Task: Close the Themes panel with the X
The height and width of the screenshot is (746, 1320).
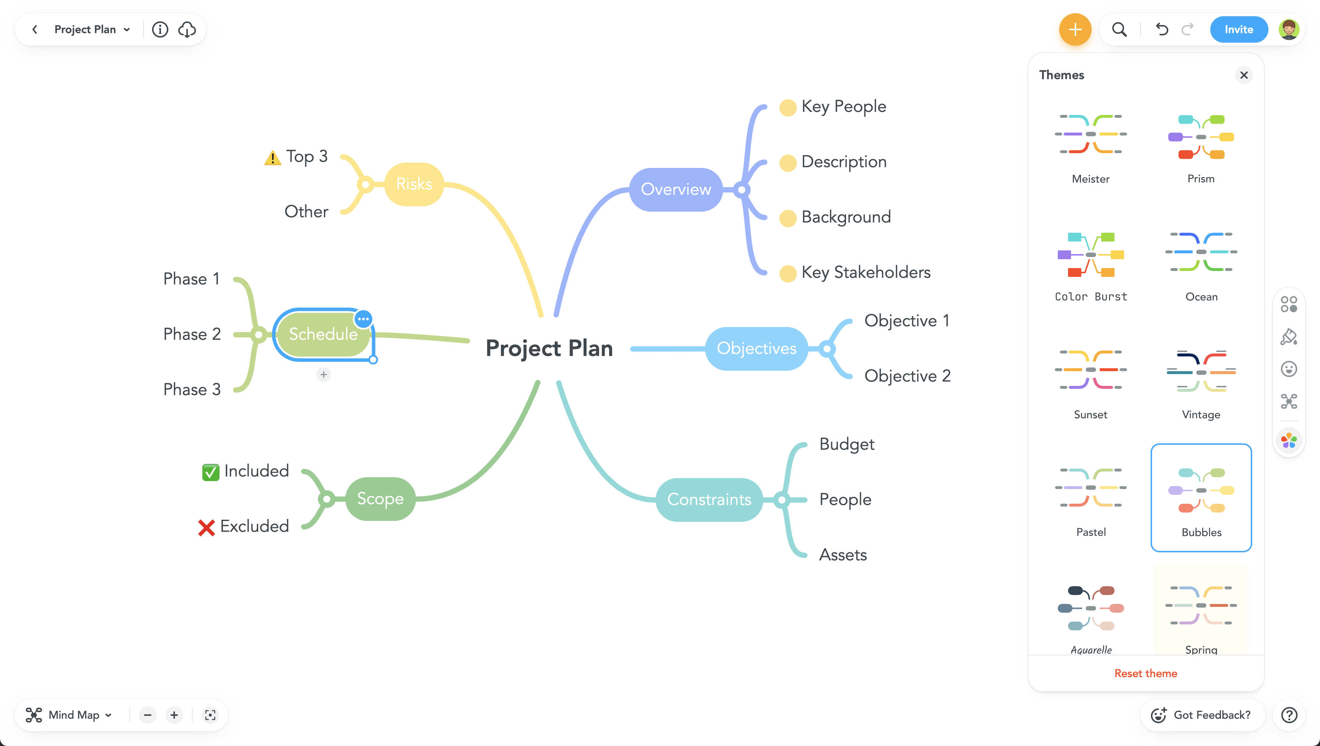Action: [1244, 75]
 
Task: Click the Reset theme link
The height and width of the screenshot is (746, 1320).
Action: [1145, 673]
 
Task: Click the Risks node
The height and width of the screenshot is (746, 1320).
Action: [414, 184]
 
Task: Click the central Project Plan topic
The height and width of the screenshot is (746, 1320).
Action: [549, 348]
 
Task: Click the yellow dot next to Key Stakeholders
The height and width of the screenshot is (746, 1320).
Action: [787, 274]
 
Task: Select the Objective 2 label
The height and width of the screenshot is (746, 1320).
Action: [907, 376]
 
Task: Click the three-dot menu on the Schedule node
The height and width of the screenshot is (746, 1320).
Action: [363, 319]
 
